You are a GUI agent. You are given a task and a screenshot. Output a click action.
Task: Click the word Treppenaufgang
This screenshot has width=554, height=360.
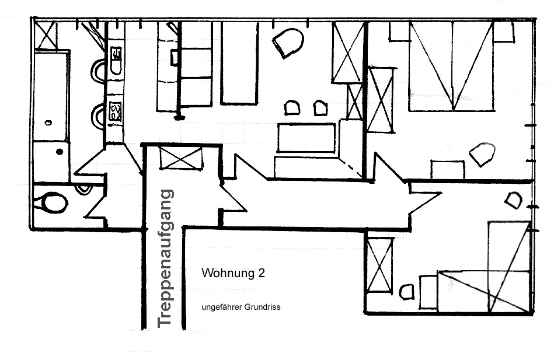165,258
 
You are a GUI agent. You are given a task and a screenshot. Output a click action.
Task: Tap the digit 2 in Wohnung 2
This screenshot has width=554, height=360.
262,273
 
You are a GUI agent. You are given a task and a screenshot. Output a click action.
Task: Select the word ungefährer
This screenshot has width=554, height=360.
221,307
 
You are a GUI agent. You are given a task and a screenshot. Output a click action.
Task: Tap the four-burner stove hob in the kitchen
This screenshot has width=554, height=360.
115,111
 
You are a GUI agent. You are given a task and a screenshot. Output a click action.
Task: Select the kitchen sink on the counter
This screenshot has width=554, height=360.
116,61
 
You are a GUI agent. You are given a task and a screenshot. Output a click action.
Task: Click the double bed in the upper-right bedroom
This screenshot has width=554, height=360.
451,67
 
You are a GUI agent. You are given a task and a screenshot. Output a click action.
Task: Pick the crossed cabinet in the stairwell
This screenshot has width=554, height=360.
181,158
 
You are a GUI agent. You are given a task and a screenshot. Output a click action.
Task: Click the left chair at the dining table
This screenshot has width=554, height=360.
292,108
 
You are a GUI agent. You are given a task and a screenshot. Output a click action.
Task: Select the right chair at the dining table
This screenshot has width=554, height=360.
320,108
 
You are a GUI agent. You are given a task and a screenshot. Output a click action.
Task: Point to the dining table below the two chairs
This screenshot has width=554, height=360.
306,138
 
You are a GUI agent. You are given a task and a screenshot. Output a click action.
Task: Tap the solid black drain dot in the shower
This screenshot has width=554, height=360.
60,152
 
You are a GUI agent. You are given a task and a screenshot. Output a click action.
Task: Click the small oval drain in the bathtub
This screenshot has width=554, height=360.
48,123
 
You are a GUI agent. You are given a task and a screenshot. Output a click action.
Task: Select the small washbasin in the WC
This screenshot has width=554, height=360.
83,188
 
